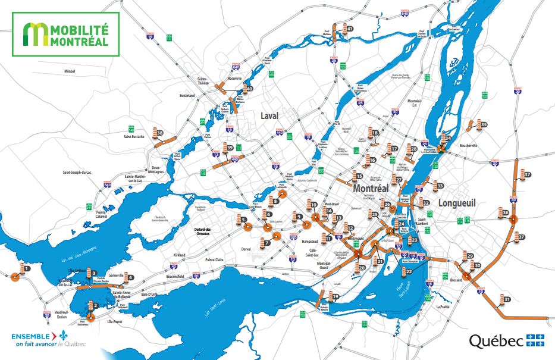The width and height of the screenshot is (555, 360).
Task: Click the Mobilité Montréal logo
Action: coord(65,34)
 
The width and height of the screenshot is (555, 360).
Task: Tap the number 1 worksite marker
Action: coord(27,269)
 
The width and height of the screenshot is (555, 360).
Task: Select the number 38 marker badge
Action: coord(159,133)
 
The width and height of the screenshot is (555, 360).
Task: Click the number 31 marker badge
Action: coord(507,299)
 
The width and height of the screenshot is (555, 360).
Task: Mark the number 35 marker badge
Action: coord(484,124)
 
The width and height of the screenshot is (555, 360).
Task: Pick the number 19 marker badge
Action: coord(335,296)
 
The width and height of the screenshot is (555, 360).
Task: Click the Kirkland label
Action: coord(180,255)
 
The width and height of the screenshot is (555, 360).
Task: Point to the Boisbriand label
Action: coord(187,95)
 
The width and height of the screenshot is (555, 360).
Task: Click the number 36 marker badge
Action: coord(505,212)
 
